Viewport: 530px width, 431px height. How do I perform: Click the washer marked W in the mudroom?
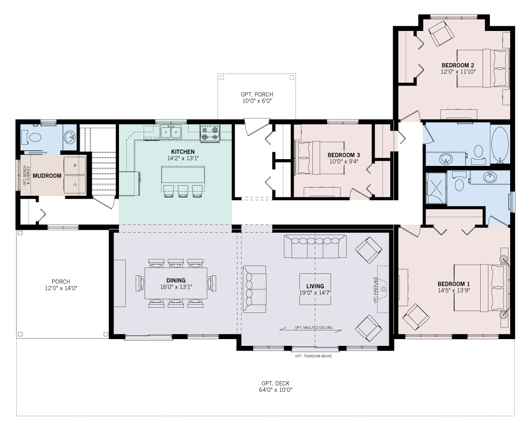pyautogui.click(x=75, y=165)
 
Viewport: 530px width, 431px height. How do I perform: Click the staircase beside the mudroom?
pyautogui.click(x=104, y=169)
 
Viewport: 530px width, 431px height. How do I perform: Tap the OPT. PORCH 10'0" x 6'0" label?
pyautogui.click(x=257, y=97)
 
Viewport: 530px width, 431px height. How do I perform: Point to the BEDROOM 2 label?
pyautogui.click(x=457, y=65)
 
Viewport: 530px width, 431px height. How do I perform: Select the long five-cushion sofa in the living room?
pyautogui.click(x=315, y=246)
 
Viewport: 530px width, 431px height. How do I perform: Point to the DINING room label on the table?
pyautogui.click(x=176, y=280)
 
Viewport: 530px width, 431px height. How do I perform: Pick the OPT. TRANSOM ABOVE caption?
pyautogui.click(x=313, y=356)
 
